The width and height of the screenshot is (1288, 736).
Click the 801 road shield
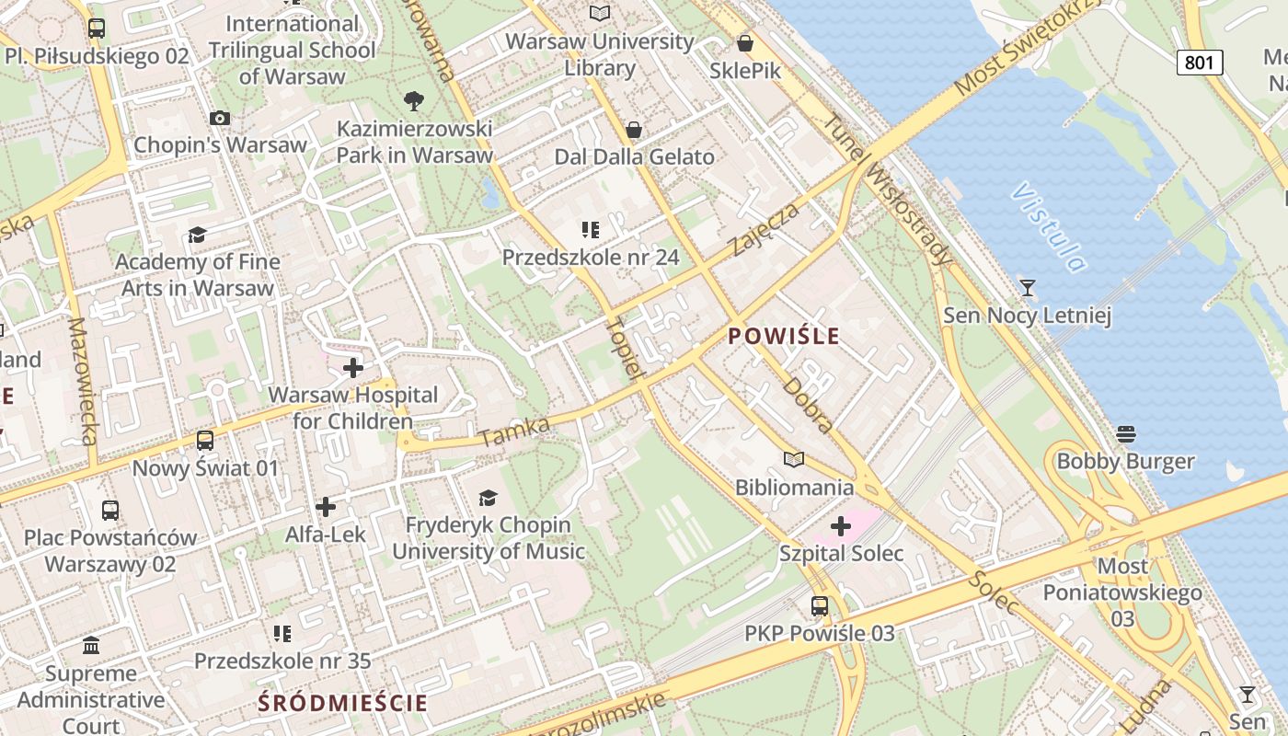tap(1200, 63)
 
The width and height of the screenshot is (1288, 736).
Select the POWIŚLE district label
tap(784, 337)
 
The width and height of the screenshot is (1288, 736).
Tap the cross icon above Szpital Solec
tap(841, 526)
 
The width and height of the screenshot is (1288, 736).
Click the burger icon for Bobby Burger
tap(1126, 433)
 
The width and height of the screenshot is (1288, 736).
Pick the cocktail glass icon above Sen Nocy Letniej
tap(1028, 288)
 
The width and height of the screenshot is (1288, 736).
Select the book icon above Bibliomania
tap(793, 459)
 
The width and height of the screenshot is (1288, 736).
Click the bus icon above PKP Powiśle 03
tap(819, 606)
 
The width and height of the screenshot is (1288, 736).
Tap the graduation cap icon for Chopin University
tap(488, 498)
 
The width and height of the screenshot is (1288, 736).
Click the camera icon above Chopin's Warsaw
tap(220, 118)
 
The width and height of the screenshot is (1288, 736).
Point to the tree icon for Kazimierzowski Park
tap(414, 100)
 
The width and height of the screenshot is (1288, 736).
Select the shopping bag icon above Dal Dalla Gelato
tap(633, 130)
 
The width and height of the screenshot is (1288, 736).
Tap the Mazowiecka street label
tap(83, 382)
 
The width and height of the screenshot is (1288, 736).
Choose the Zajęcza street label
tap(765, 230)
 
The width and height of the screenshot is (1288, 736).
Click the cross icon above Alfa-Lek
tap(325, 507)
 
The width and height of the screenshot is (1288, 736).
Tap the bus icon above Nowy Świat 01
tap(205, 441)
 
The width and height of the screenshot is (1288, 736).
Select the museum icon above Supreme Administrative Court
tap(91, 646)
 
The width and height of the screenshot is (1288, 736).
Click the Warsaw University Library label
tap(600, 54)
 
